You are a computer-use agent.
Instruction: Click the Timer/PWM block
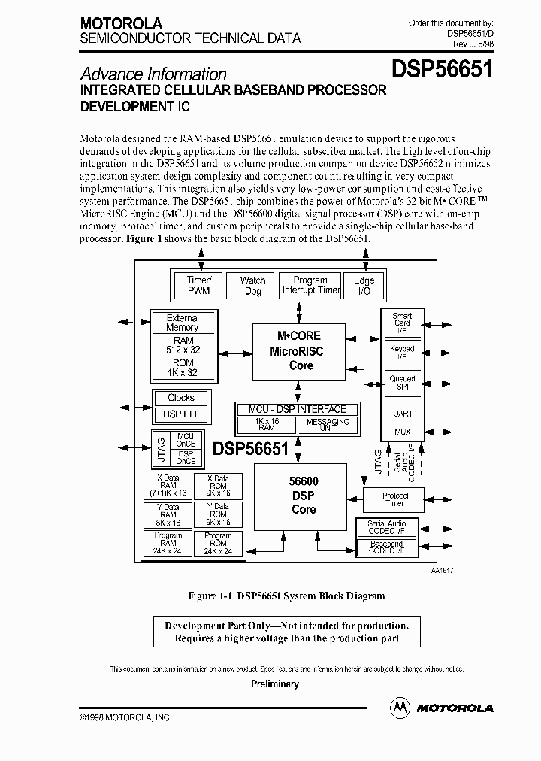click(x=198, y=285)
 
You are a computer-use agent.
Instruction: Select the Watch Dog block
click(x=252, y=286)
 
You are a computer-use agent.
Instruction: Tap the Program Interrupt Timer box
click(x=310, y=285)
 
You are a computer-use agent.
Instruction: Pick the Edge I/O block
click(x=364, y=286)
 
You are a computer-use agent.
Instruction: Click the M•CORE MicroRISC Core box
click(x=301, y=350)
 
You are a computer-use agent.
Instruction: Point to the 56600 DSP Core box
click(x=303, y=496)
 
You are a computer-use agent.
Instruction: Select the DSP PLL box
click(x=180, y=414)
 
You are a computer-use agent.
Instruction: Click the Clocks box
click(x=180, y=398)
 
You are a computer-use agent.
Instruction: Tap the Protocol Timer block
click(x=394, y=499)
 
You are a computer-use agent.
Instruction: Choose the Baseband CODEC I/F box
click(x=386, y=547)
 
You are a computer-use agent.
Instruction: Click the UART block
click(x=403, y=413)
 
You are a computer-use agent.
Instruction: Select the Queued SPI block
click(x=403, y=384)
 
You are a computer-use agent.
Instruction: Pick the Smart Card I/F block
click(x=403, y=323)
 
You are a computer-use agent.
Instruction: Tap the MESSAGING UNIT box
click(x=328, y=426)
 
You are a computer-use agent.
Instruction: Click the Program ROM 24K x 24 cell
click(x=218, y=544)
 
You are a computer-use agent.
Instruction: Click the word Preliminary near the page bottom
click(x=274, y=684)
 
